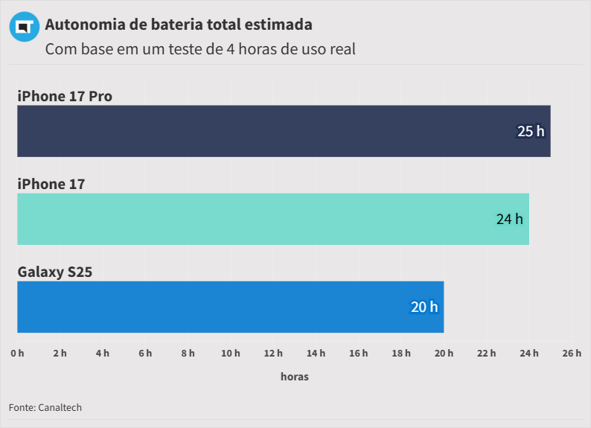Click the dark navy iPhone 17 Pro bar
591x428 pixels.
click(283, 131)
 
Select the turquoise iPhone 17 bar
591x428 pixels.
click(272, 219)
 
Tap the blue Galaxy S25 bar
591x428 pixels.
click(230, 307)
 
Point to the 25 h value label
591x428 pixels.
click(531, 132)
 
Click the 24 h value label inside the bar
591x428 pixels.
click(510, 220)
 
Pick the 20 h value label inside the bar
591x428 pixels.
click(424, 307)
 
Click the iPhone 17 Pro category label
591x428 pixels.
click(65, 96)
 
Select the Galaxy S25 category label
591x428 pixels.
click(55, 272)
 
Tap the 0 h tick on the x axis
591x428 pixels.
click(17, 353)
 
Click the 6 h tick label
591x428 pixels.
click(145, 353)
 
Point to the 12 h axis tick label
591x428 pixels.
click(273, 353)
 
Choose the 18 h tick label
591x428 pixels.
click(401, 353)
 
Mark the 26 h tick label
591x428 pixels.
click(572, 353)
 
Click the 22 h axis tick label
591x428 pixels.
click(487, 353)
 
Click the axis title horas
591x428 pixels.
click(295, 377)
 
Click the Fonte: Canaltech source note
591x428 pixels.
click(45, 407)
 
